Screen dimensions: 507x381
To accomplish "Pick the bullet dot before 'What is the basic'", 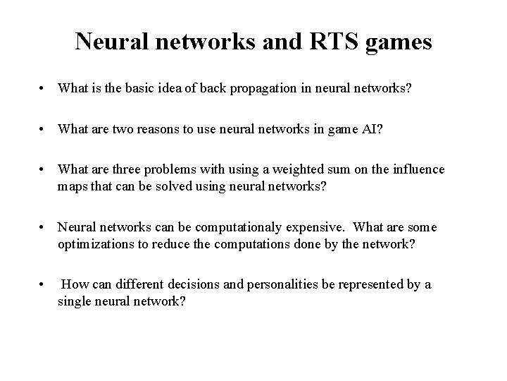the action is pyautogui.click(x=44, y=90).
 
